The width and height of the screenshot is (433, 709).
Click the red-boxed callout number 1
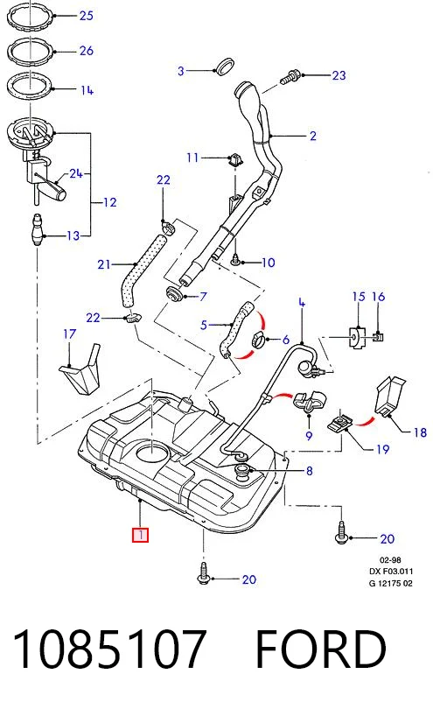click(x=140, y=535)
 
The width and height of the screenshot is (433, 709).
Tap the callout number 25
click(x=86, y=16)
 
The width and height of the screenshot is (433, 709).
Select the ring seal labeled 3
click(x=225, y=67)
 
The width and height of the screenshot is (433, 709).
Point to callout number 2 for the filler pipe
click(x=313, y=136)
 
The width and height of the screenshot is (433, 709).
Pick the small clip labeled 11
click(x=235, y=159)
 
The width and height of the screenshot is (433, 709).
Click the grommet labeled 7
click(x=173, y=294)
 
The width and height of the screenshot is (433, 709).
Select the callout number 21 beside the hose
click(x=104, y=264)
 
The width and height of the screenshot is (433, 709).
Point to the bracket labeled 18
click(x=389, y=396)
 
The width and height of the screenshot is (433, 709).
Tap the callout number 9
click(x=309, y=436)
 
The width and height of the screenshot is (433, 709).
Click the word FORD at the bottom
click(x=321, y=649)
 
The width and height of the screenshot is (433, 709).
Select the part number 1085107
click(x=109, y=649)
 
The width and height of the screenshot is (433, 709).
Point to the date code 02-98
click(x=390, y=560)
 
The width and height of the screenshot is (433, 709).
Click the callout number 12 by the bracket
click(x=110, y=202)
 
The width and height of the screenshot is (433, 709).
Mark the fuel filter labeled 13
click(x=37, y=230)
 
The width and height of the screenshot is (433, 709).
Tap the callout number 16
click(x=378, y=297)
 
